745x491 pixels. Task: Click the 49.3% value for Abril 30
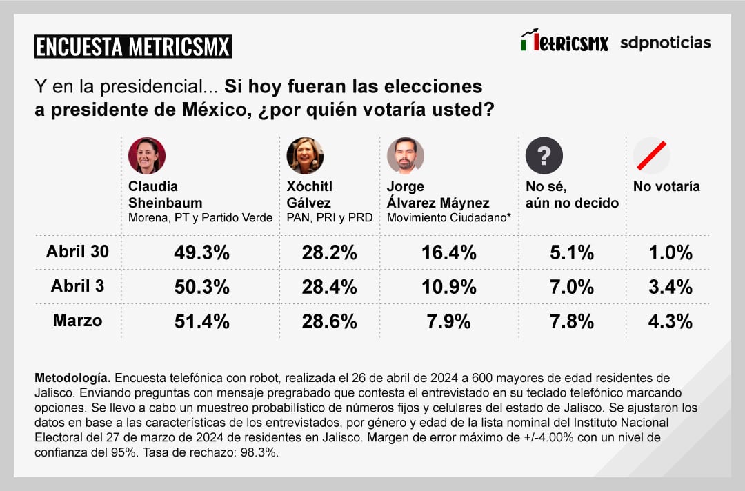(201, 252)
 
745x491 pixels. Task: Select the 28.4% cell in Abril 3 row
(329, 286)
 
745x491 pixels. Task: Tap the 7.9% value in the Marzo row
(449, 321)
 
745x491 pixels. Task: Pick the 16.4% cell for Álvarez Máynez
(449, 252)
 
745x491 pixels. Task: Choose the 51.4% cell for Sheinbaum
(201, 321)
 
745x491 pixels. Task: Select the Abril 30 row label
(78, 252)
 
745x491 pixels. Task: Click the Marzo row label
(77, 320)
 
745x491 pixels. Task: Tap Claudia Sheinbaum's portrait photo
(147, 156)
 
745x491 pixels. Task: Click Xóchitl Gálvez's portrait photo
(305, 156)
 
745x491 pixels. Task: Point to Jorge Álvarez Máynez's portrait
(405, 156)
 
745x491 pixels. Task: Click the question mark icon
(544, 156)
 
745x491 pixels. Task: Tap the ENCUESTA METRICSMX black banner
(133, 47)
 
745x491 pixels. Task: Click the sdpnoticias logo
(665, 43)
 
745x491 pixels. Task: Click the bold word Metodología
(72, 379)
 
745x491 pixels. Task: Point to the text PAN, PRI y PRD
(330, 218)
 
